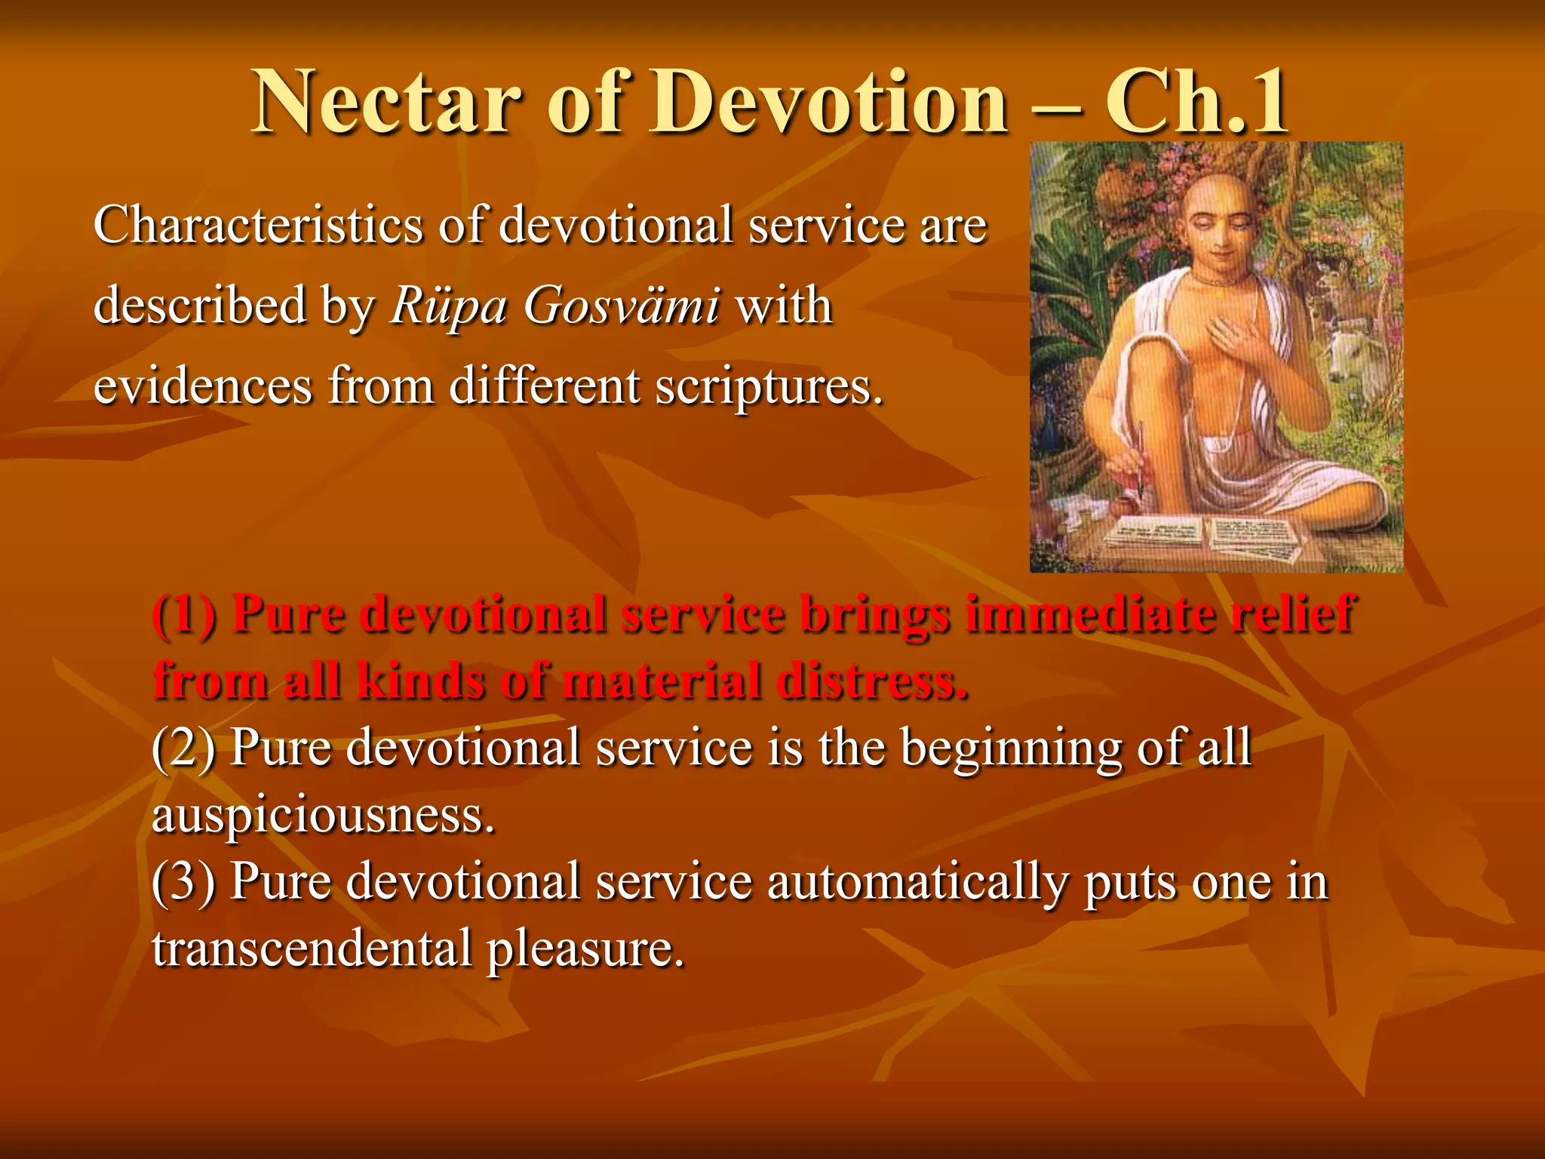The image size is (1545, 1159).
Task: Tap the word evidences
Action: point(202,386)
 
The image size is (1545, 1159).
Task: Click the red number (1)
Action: point(186,614)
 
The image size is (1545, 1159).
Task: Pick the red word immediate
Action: point(1089,613)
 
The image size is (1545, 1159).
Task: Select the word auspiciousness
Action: point(323,815)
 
